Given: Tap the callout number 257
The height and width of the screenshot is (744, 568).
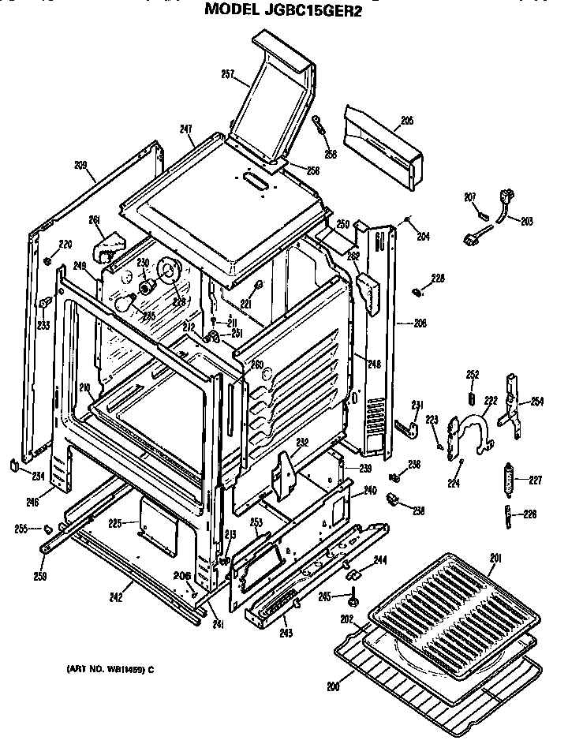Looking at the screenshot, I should [228, 75].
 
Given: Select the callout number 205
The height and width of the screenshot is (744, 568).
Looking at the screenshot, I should [406, 121].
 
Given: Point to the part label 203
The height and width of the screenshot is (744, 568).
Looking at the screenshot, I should [527, 220].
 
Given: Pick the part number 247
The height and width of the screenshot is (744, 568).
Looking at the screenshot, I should [186, 129].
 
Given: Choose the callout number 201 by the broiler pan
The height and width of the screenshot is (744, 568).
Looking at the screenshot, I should [495, 559].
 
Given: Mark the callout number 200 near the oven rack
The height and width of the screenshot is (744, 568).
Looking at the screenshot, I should [333, 686].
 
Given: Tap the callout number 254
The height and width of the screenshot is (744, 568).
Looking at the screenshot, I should [536, 402].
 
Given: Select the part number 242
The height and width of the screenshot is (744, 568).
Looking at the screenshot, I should [115, 597].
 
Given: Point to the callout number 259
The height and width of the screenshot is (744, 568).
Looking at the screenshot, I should [42, 576].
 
